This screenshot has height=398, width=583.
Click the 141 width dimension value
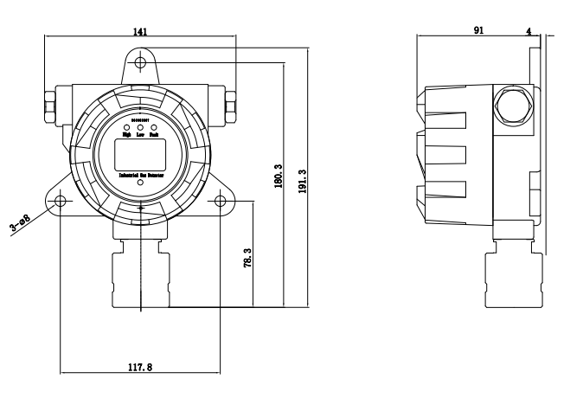139,30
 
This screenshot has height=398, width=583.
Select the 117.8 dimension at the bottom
139,367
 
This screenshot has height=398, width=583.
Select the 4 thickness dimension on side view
529,29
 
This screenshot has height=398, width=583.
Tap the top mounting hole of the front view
140,62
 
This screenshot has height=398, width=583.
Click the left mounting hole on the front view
61,202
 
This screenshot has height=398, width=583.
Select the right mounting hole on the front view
220,202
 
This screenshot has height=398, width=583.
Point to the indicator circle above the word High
127,126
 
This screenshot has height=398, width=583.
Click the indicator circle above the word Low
140,126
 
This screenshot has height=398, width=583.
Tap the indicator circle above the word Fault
153,126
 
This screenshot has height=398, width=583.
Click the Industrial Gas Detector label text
140,175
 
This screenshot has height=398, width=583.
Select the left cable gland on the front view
48,104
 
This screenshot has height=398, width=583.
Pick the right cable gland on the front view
232,104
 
